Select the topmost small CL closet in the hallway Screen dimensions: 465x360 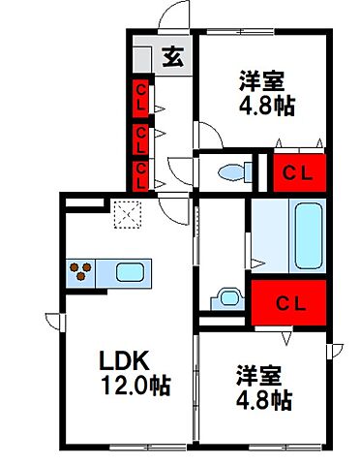(141, 98)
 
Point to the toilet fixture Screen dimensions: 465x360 (233, 172)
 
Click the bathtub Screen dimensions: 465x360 (307, 235)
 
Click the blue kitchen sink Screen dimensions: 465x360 (130, 271)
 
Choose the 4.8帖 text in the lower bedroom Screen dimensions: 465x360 (262, 397)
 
